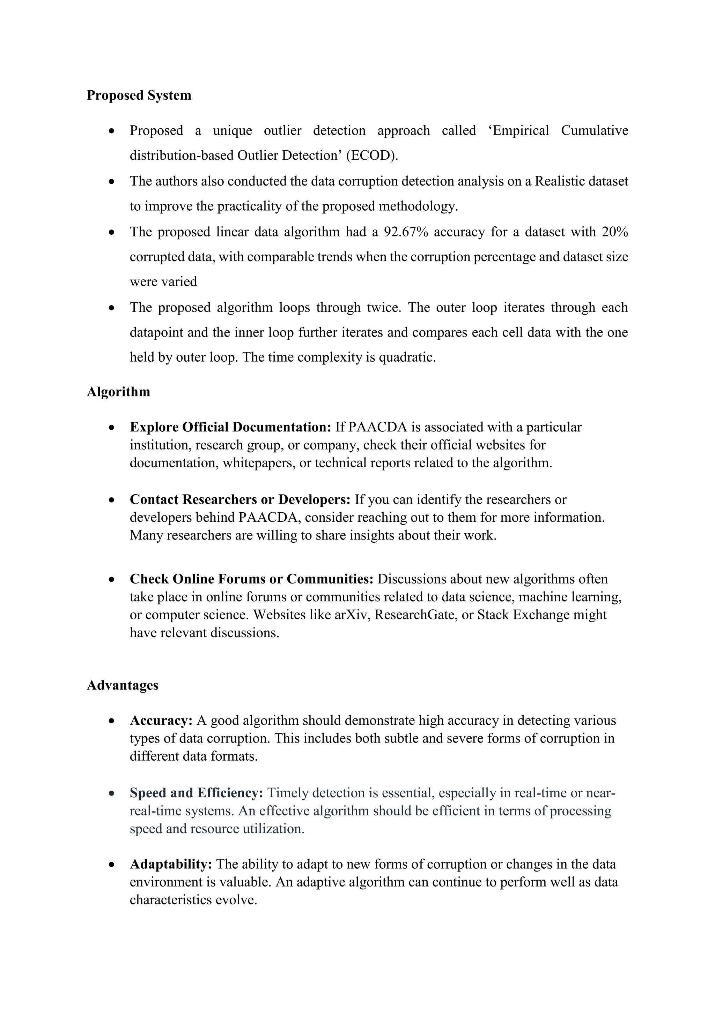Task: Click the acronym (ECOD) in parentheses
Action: coord(371,156)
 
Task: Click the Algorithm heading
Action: coord(118,392)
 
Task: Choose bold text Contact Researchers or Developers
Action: coord(239,500)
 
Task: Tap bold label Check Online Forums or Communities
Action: coord(251,579)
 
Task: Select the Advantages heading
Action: coord(123,685)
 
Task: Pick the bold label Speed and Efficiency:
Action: coord(196,793)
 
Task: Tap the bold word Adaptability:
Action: coord(171,865)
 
